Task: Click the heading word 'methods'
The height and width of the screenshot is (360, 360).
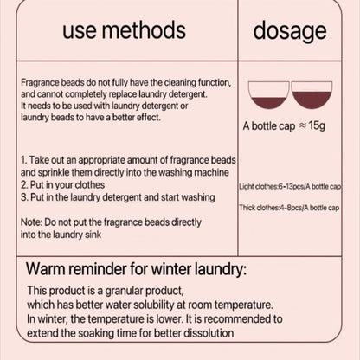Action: pos(144,30)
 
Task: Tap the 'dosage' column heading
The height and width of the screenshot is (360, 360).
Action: pos(290,32)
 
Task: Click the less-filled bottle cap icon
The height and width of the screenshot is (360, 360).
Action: pos(268,95)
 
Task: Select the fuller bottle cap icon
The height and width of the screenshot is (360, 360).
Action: pos(312,95)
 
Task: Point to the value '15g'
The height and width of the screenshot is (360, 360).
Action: pos(317,125)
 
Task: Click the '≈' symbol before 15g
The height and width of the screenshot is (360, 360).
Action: pos(302,125)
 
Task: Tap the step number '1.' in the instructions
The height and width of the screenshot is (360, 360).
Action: pos(24,160)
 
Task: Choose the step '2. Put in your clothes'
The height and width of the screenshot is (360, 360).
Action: pos(62,185)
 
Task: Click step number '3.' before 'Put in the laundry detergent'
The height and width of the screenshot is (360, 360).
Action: pos(24,197)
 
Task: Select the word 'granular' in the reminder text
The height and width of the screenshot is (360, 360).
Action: pos(124,291)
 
